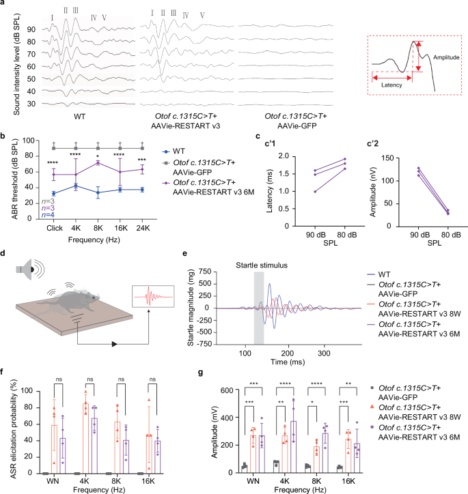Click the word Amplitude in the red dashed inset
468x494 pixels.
(444, 58)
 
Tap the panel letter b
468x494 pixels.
(5, 137)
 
